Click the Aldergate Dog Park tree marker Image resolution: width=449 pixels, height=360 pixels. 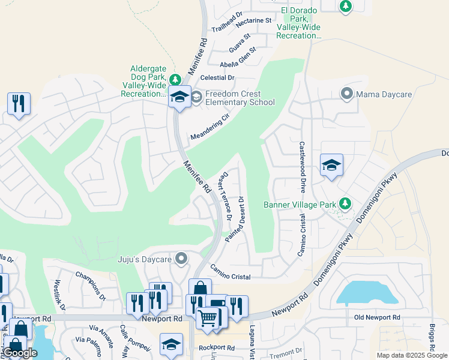click(175, 80)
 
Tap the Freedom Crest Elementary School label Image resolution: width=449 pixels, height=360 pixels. click(240, 98)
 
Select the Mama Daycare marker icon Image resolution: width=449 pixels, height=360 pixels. click(346, 94)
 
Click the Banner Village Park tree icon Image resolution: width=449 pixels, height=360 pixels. click(345, 204)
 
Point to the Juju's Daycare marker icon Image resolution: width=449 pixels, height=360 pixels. click(181, 259)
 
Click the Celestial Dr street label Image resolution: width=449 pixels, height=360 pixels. click(217, 78)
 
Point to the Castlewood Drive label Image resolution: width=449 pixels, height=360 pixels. click(302, 167)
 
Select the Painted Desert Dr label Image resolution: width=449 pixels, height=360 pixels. click(235, 219)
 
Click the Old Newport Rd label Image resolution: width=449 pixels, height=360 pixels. click(377, 317)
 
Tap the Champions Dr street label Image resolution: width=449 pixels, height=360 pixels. click(91, 285)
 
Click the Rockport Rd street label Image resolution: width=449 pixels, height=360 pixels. click(218, 347)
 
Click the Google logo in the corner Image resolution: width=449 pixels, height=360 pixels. click(20, 353)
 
